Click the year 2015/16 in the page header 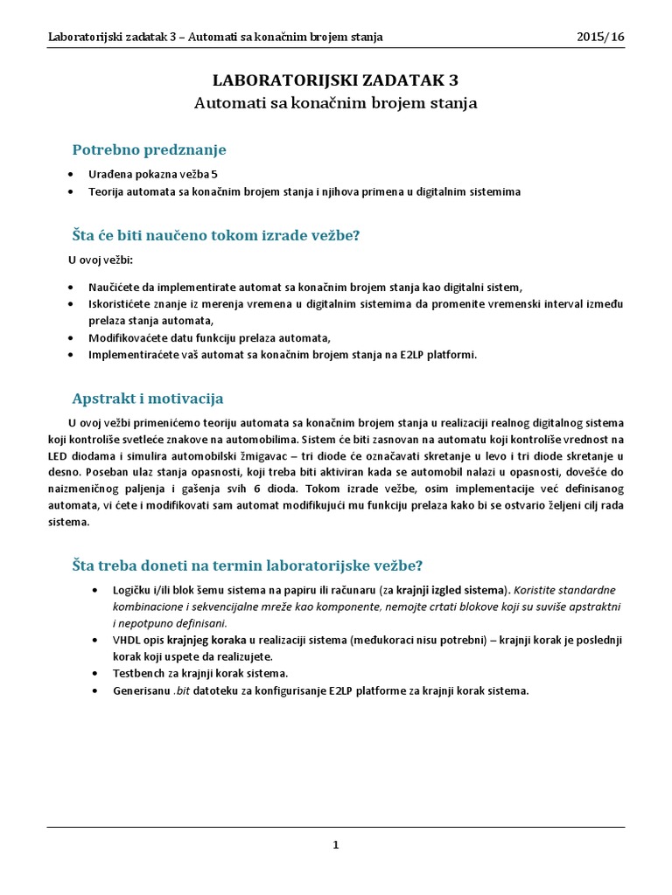pyautogui.click(x=600, y=37)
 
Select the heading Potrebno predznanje pyautogui.click(x=149, y=149)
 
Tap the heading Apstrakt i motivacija pyautogui.click(x=147, y=398)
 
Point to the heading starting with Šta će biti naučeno pyautogui.click(x=215, y=235)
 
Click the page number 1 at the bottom pyautogui.click(x=336, y=844)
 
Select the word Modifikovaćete pyautogui.click(x=130, y=337)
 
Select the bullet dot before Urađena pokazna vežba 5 pyautogui.click(x=71, y=175)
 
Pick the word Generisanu pyautogui.click(x=143, y=690)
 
